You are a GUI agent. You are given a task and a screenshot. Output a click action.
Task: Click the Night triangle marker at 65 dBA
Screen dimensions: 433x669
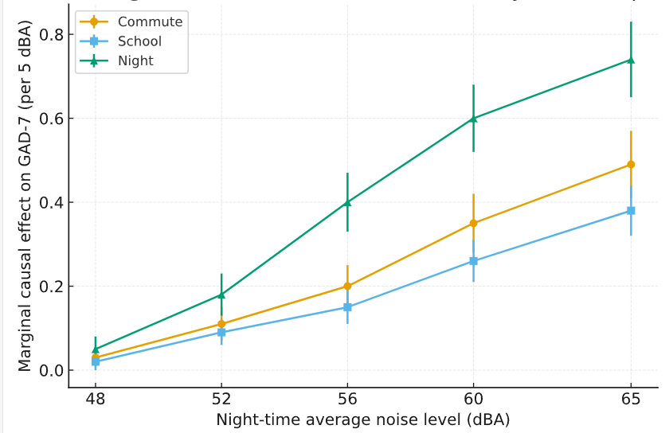tap(631, 60)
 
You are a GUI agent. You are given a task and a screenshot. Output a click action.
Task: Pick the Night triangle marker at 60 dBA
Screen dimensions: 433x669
tap(474, 119)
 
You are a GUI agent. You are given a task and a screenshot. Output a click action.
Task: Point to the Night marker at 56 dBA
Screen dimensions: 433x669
tap(347, 202)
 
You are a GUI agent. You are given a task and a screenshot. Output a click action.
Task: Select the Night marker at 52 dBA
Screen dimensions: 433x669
tap(221, 295)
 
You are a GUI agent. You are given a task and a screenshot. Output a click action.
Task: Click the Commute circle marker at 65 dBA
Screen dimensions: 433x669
tap(631, 165)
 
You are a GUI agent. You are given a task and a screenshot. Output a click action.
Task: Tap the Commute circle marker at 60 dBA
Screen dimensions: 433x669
tap(474, 224)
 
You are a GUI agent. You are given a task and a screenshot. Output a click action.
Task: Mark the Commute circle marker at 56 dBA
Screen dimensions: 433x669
tap(347, 287)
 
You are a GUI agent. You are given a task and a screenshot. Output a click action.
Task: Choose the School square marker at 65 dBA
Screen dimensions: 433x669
tap(631, 211)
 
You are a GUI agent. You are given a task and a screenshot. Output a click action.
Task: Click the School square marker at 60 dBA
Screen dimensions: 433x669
tap(474, 261)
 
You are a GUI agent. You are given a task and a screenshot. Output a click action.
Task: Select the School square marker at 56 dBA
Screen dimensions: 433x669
tap(347, 307)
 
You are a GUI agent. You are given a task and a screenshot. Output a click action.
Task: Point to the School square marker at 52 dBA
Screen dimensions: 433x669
tap(221, 333)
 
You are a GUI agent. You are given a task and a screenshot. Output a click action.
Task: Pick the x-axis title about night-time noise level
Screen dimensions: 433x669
tap(362, 419)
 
